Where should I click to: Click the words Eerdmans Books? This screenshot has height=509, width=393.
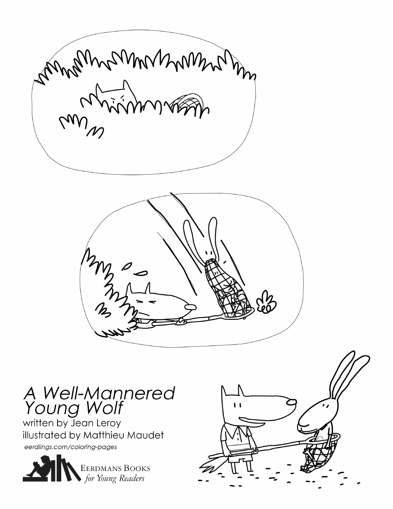coord(115,469)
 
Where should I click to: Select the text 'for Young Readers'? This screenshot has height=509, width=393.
coord(115,479)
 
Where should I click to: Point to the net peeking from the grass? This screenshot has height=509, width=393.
coord(188,102)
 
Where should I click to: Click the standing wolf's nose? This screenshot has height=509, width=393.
coord(291,401)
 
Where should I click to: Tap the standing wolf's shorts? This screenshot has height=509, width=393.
coord(240,456)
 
